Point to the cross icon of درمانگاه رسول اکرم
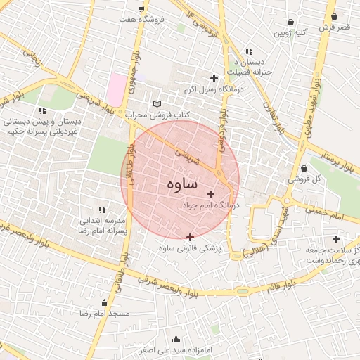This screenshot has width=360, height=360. tap(214, 78)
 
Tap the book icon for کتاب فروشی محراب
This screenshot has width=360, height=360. tap(156, 104)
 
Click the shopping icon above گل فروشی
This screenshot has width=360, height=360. tap(304, 168)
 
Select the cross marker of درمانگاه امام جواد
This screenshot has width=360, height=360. tap(210, 194)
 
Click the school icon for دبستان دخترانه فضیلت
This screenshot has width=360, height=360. tap(249, 51)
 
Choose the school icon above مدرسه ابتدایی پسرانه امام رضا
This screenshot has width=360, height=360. tap(103, 210)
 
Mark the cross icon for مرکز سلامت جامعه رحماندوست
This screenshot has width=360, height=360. tap(336, 239)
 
